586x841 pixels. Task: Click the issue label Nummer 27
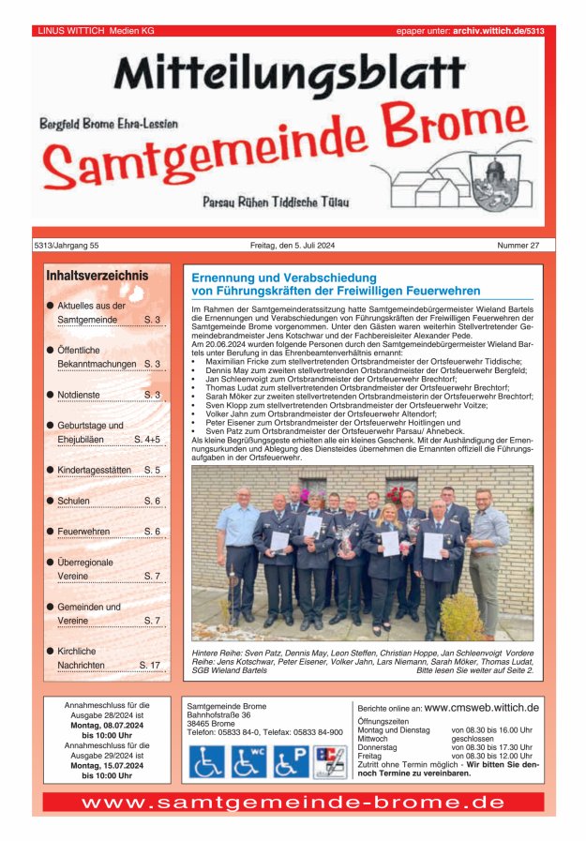pyautogui.click(x=518, y=246)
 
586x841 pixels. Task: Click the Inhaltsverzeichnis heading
pyautogui.click(x=97, y=276)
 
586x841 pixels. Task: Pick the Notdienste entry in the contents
pyautogui.click(x=78, y=395)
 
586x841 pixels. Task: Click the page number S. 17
pyautogui.click(x=149, y=665)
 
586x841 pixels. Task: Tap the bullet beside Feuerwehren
pyautogui.click(x=50, y=532)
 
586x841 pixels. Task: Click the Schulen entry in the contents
pyautogui.click(x=73, y=501)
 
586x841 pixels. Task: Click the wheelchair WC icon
pyautogui.click(x=248, y=761)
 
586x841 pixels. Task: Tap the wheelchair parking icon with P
pyautogui.click(x=291, y=761)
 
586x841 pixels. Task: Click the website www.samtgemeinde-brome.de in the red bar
pyautogui.click(x=293, y=803)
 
